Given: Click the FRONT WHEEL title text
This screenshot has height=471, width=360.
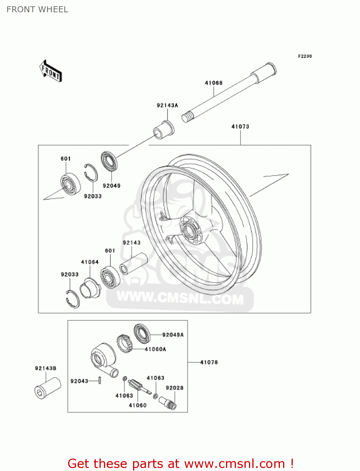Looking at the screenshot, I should tap(37, 9).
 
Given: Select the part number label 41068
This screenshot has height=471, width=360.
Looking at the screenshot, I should tap(213, 83).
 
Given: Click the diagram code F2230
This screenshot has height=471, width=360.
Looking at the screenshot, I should tap(305, 56).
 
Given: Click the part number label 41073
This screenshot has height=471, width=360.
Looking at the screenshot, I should tap(240, 127).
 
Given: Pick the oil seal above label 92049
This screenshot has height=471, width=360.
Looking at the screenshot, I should tap(109, 161).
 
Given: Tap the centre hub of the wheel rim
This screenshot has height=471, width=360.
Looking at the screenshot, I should tap(189, 231).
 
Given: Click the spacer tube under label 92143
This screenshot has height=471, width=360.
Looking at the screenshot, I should tap(133, 263).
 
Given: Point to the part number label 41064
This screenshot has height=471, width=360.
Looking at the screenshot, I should tap(90, 262).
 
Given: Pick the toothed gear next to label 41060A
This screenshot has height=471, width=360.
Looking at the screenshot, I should tap(124, 344).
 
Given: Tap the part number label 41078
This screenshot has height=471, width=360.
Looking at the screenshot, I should tap(209, 362).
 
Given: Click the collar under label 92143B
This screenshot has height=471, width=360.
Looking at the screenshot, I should tap(47, 388).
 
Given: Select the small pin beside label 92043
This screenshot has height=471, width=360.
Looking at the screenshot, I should tap(99, 380).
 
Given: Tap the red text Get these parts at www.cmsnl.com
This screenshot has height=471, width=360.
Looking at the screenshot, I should tap(180, 463).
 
